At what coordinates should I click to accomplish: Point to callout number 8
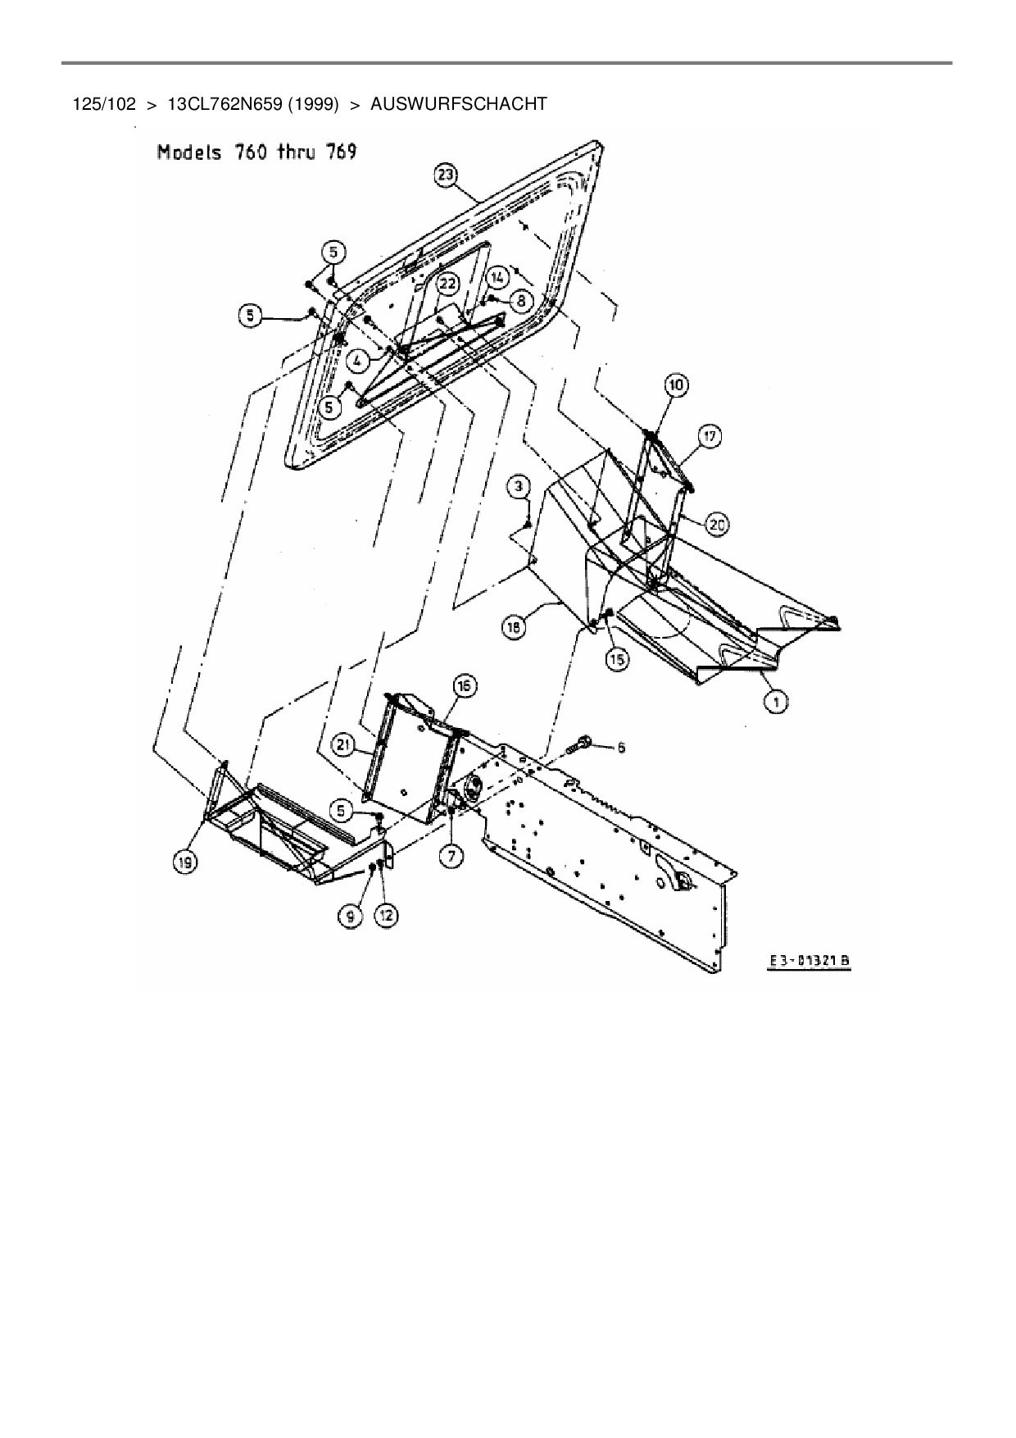click(x=520, y=301)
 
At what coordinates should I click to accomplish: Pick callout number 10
click(x=677, y=385)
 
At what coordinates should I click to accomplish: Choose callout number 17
click(x=710, y=436)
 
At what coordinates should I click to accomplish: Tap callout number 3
click(x=518, y=488)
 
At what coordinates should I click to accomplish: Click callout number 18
click(x=513, y=627)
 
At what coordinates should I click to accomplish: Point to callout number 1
click(x=775, y=701)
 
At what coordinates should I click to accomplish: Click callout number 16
click(x=465, y=685)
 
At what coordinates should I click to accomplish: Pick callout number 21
click(x=345, y=744)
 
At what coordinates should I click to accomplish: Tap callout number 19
click(x=188, y=862)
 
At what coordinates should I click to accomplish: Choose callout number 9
click(x=352, y=917)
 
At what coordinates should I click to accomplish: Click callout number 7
click(x=451, y=856)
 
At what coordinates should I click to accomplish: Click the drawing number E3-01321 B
click(x=809, y=962)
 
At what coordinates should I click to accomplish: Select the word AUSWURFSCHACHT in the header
click(x=459, y=104)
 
